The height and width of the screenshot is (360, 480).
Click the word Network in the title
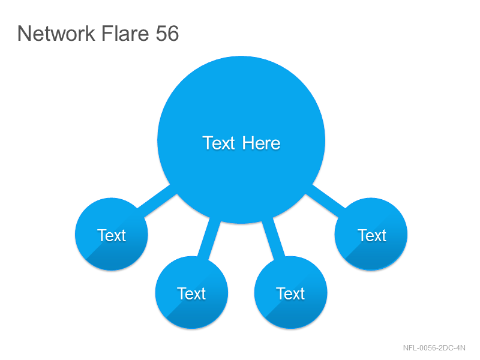tap(56, 33)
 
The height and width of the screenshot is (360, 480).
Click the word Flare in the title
tap(125, 33)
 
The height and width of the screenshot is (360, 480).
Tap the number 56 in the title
tap(167, 33)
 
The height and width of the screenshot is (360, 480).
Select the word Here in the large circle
tap(261, 143)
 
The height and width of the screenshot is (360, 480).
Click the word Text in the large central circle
tap(218, 143)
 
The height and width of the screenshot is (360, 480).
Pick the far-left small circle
tap(112, 234)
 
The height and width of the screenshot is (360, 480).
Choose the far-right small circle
tap(371, 234)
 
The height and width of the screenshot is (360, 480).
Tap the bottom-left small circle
tap(191, 292)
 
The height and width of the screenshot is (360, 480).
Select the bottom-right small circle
tap(291, 292)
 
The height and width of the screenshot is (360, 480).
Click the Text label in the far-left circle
tap(112, 235)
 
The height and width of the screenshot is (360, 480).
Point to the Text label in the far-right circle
tap(372, 235)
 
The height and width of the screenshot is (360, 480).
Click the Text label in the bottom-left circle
tap(191, 293)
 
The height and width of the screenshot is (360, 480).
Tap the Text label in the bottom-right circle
tap(290, 293)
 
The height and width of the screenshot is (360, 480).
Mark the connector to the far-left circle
tap(157, 201)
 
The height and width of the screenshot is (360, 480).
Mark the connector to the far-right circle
tap(325, 201)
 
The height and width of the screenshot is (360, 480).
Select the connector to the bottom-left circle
tap(209, 238)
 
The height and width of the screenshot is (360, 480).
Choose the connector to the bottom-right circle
tap(274, 238)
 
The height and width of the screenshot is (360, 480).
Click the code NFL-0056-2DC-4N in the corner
tap(434, 348)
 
